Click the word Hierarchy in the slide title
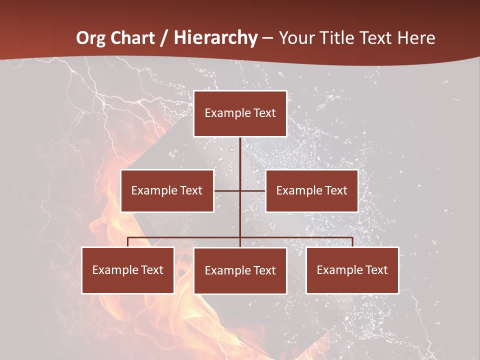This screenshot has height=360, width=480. click(x=215, y=38)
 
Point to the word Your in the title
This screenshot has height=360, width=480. click(x=296, y=38)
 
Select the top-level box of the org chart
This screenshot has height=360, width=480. click(x=240, y=113)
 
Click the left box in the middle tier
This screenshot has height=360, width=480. click(x=167, y=190)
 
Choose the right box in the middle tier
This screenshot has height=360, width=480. click(x=311, y=190)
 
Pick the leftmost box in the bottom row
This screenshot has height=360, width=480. click(x=127, y=270)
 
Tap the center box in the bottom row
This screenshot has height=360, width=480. click(x=240, y=270)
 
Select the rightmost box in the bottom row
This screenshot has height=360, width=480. click(x=352, y=270)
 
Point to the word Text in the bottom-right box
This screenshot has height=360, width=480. click(x=376, y=270)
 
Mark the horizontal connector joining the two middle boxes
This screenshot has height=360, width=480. click(x=227, y=190)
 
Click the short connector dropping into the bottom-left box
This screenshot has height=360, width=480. click(x=127, y=242)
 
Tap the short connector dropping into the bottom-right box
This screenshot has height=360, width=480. click(x=352, y=242)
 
